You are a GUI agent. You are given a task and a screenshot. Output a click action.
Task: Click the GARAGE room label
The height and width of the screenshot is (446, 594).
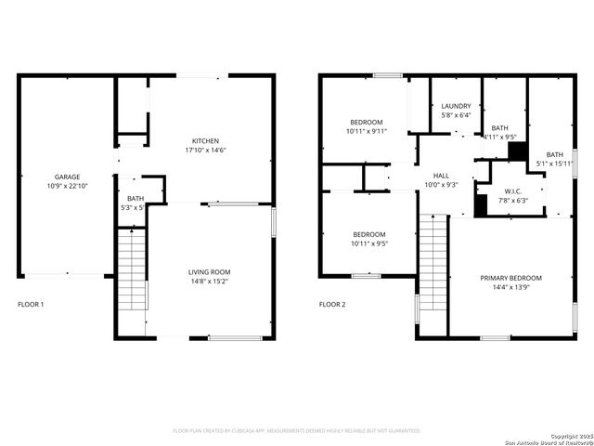click(67, 177)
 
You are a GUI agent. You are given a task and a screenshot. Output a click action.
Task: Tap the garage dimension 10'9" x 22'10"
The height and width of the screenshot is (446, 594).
click(67, 187)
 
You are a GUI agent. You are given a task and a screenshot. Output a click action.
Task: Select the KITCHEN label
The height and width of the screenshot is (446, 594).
click(205, 140)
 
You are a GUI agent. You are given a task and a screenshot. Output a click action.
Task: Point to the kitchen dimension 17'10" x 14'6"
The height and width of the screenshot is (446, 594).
click(205, 151)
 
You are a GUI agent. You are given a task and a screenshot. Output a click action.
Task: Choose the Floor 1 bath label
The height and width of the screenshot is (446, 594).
click(136, 198)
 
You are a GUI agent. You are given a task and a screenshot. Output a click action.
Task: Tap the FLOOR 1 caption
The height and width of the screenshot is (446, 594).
click(31, 304)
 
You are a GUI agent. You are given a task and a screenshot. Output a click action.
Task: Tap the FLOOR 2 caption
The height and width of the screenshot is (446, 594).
click(332, 304)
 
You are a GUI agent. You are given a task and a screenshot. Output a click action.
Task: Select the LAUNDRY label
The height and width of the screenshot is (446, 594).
click(456, 106)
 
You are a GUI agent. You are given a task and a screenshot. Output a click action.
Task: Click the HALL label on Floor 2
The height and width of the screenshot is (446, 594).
click(440, 175)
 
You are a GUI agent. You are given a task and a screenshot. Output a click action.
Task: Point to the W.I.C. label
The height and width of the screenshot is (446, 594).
click(511, 190)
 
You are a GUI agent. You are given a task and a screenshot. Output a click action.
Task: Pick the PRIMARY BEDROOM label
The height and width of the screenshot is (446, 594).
click(511, 278)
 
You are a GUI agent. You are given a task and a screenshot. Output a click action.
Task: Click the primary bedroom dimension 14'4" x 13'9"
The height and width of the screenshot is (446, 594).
click(511, 288)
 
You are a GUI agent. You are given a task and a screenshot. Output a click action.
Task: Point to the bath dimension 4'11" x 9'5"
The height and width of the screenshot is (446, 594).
click(500, 138)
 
